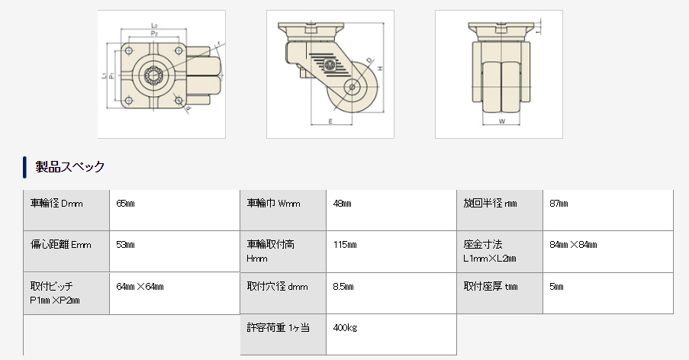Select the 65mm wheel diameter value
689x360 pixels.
point(125,204)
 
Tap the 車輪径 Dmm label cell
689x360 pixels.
point(56,204)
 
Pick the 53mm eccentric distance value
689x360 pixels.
point(125,245)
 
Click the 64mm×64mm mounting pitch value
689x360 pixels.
point(140,287)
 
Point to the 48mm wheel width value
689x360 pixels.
point(343,204)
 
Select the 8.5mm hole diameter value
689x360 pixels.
point(343,287)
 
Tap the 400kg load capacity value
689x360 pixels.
point(346,328)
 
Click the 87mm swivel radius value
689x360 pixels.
point(559,204)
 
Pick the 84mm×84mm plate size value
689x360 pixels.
point(573,245)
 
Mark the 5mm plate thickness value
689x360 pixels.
point(556,287)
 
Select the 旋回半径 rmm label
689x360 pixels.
point(491,204)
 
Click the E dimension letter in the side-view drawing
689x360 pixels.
point(330,121)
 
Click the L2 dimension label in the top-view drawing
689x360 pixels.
point(156,25)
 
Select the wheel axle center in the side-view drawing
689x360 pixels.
point(354,87)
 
